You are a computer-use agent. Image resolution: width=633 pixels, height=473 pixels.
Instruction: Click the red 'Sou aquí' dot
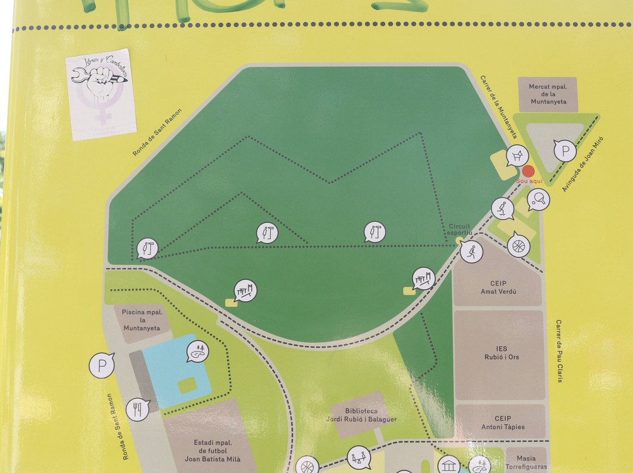[x=528, y=171]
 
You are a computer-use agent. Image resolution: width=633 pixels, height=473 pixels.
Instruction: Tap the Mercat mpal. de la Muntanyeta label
[x=548, y=94]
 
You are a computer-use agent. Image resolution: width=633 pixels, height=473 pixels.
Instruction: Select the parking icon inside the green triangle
[x=565, y=152]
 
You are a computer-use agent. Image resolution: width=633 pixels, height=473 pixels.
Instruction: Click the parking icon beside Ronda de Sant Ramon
[x=102, y=366]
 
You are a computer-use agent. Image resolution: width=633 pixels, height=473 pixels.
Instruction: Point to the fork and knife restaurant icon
[x=138, y=409]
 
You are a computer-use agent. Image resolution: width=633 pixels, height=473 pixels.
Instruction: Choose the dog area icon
[x=518, y=156]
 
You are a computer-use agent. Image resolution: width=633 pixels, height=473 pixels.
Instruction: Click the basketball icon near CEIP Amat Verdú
[x=518, y=245]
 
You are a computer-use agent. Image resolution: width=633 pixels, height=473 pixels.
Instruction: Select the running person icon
[x=471, y=252]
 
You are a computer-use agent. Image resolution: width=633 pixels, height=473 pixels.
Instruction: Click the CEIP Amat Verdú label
[x=498, y=287]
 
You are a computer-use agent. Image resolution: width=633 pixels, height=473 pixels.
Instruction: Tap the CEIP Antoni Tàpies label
[x=502, y=423]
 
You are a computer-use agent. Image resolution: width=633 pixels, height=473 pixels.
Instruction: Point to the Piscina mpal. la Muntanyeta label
[x=141, y=320]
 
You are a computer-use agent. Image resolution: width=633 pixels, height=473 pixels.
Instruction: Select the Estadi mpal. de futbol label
[x=216, y=451]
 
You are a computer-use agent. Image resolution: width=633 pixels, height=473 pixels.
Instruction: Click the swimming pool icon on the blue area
[x=198, y=351]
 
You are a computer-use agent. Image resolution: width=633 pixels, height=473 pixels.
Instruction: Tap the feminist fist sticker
[x=101, y=94]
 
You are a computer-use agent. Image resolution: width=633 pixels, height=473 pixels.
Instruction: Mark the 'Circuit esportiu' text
[x=460, y=229]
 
